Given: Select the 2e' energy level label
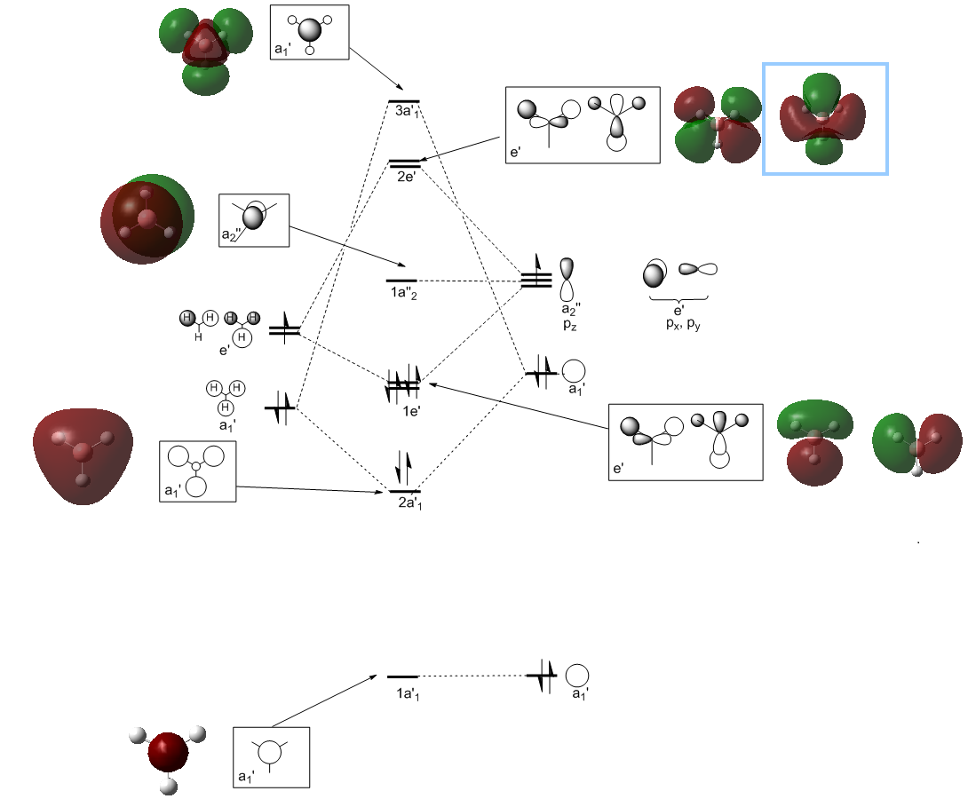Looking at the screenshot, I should pos(407,177).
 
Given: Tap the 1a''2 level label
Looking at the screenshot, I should pos(401,295).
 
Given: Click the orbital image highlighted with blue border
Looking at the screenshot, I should pos(825,119).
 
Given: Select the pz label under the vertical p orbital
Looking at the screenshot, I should pos(569,325).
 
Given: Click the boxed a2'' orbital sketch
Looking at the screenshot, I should pos(254,219).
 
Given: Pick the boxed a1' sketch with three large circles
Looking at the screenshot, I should pos(198,471).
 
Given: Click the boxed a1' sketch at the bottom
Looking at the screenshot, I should pos(271,756).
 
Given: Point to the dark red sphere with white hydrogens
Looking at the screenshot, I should pos(169,754).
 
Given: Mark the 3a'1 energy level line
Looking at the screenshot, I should pos(404,101).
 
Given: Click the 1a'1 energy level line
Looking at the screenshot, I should pos(402,676).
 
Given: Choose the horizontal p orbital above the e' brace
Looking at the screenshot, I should pos(698,268).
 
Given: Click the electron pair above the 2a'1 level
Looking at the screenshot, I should pos(403,466).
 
